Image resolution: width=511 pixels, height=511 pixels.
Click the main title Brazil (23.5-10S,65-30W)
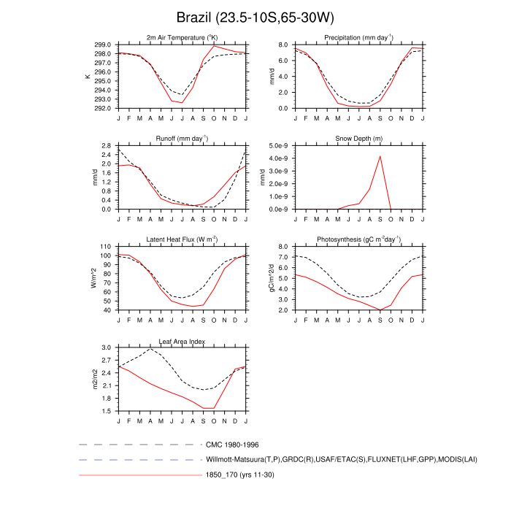(255, 17)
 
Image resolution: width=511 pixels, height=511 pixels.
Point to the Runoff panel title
(182, 139)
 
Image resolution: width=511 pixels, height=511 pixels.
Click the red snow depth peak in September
(380, 156)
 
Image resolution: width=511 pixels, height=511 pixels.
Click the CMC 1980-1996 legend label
(231, 444)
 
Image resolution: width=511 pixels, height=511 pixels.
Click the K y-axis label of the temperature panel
(89, 77)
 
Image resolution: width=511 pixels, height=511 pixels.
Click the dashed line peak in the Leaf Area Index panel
(151, 349)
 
